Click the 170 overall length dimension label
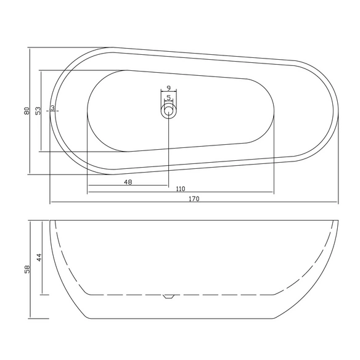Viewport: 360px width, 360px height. [x=194, y=198]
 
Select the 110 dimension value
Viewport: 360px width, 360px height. [x=181, y=189]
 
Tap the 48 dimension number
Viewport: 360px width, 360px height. [x=128, y=182]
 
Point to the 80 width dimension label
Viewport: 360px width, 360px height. [x=27, y=111]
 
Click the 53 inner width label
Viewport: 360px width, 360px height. [x=38, y=111]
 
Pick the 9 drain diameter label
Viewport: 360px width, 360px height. [x=169, y=88]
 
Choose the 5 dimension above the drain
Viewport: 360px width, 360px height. [x=169, y=97]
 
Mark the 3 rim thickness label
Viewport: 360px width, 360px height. [x=52, y=107]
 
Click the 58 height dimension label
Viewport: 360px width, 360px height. [x=27, y=269]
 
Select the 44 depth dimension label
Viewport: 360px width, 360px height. [x=39, y=257]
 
